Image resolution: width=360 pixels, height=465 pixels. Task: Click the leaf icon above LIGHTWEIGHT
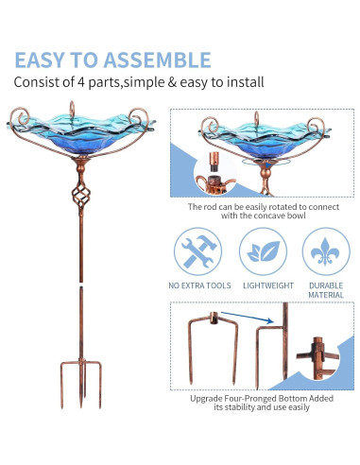pyautogui.click(x=261, y=251)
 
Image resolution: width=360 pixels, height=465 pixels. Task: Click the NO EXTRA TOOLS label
pyautogui.click(x=197, y=285)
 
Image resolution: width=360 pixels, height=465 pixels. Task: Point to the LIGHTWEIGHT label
pyautogui.click(x=261, y=285)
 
